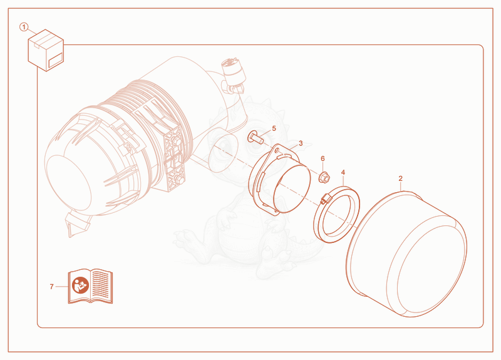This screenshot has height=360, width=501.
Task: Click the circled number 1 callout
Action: (x=24, y=27)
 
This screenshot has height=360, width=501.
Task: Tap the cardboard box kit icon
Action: (x=46, y=50)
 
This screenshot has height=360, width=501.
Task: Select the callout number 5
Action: (x=274, y=128)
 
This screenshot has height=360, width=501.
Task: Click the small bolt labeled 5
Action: (x=256, y=137)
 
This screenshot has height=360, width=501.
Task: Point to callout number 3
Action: (x=301, y=143)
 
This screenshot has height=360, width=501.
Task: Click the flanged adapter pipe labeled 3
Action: (x=279, y=179)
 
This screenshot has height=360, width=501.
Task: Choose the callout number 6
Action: (x=323, y=159)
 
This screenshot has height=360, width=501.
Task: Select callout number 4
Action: (x=343, y=173)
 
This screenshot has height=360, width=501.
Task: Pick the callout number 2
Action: (x=401, y=178)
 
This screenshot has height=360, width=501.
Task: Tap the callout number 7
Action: (x=52, y=287)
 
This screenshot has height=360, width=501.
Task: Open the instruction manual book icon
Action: (x=90, y=286)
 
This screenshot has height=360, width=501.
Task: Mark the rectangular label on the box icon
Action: (x=55, y=60)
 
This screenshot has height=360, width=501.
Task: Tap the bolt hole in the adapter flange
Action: (x=277, y=150)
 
